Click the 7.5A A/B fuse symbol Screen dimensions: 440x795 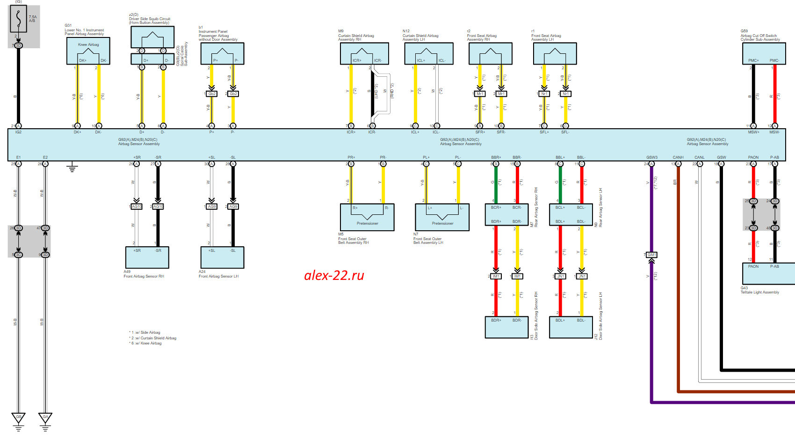pos(18,19)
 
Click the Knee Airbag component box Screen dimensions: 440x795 pos(88,51)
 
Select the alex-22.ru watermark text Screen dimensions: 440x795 pos(334,275)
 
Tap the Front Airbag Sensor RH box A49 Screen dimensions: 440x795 pos(147,257)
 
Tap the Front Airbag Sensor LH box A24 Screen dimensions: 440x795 pos(222,257)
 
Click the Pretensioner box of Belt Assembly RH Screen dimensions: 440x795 pos(367,217)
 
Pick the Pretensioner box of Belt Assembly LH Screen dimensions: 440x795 pos(442,217)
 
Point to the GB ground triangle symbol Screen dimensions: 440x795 pos(19,417)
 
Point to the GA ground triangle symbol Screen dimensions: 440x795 pos(45,417)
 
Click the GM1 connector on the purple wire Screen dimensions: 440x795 pos(651,255)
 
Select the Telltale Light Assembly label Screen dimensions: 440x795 pos(759,292)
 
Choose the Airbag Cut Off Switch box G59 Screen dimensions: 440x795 pos(764,53)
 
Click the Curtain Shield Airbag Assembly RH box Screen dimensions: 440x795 pos(364,53)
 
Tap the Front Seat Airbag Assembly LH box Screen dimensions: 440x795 pos(555,53)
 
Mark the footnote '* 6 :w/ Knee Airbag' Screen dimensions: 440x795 pos(145,344)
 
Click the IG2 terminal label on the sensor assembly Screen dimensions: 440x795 pos(19,132)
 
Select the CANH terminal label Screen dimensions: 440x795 pos(678,157)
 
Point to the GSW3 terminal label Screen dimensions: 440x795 pos(651,157)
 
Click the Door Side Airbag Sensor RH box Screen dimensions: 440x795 pos(506,327)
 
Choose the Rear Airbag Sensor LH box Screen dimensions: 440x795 pos(571,214)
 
